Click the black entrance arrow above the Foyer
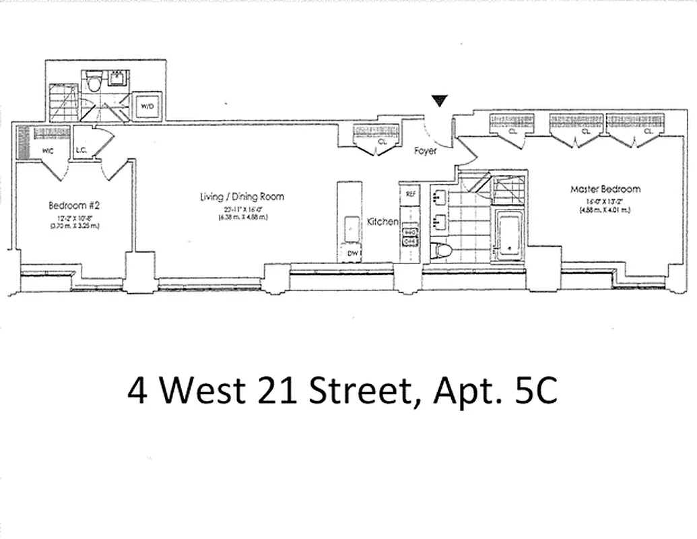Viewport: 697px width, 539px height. (x=439, y=101)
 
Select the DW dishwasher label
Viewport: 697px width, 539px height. (x=352, y=253)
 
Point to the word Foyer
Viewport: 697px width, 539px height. (x=426, y=151)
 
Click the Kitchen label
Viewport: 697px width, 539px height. (x=383, y=221)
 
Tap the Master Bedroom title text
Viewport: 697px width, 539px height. (x=605, y=189)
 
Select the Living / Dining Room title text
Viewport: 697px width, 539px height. (x=242, y=197)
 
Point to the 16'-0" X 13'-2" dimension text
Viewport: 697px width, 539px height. (x=605, y=201)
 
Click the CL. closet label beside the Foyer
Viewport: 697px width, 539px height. (x=383, y=142)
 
